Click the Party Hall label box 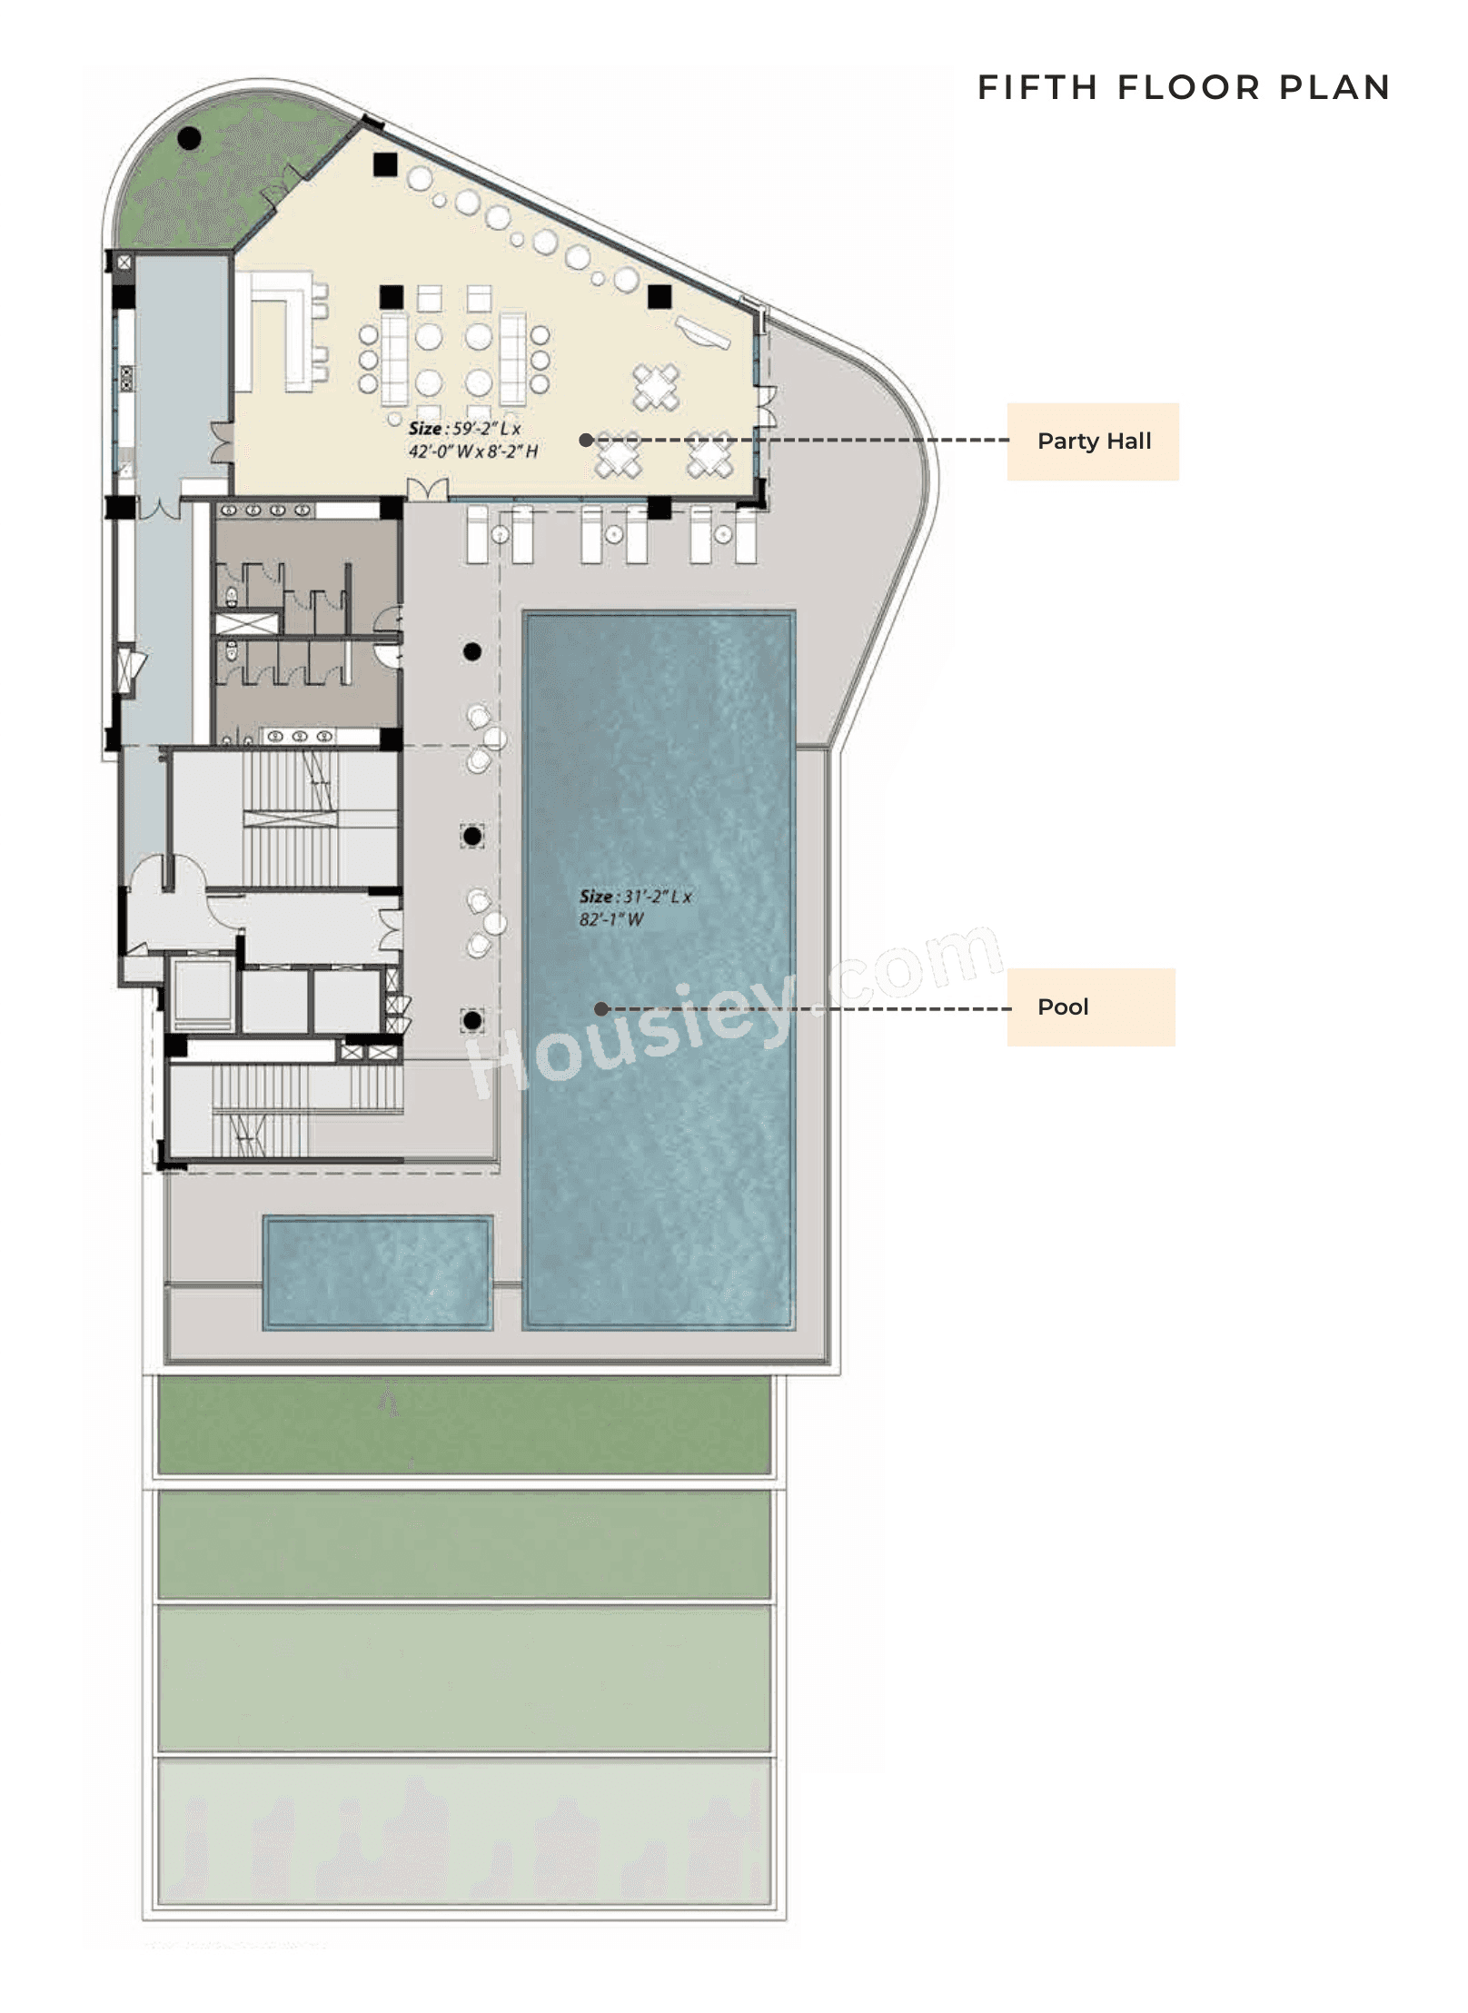pyautogui.click(x=1092, y=441)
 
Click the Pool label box pyautogui.click(x=1090, y=1006)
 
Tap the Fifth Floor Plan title pyautogui.click(x=1183, y=87)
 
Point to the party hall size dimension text pyautogui.click(x=472, y=440)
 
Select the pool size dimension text pyautogui.click(x=635, y=907)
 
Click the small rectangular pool pyautogui.click(x=377, y=1273)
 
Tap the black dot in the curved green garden pyautogui.click(x=189, y=139)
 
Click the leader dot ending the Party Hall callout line pyautogui.click(x=586, y=440)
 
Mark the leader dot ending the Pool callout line pyautogui.click(x=600, y=1008)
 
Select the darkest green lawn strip pyautogui.click(x=463, y=1424)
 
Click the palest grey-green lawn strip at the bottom pyautogui.click(x=463, y=1830)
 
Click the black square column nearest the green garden pyautogui.click(x=385, y=164)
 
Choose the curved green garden pyautogui.click(x=218, y=191)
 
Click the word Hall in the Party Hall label pyautogui.click(x=1128, y=441)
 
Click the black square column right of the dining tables pyautogui.click(x=660, y=296)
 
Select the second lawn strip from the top pyautogui.click(x=463, y=1544)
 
